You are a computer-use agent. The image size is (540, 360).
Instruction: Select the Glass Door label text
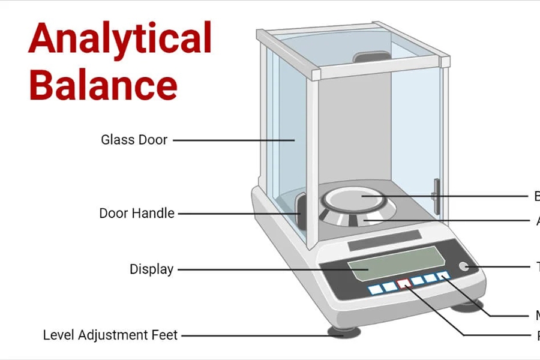134,140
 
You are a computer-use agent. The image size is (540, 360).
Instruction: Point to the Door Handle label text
137,213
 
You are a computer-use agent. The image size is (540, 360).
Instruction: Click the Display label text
151,269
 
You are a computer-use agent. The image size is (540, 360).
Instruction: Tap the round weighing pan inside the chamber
359,198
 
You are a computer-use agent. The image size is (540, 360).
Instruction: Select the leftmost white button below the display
376,289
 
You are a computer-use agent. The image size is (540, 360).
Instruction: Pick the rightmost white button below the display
443,275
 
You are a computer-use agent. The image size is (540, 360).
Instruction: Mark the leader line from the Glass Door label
234,140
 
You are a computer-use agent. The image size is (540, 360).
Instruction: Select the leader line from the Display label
264,269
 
